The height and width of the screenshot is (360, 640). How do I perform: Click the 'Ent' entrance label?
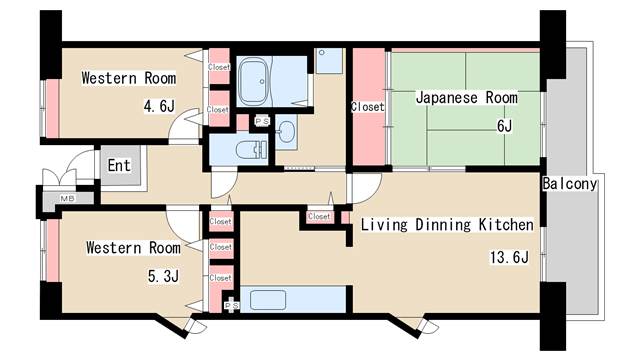(x=119, y=166)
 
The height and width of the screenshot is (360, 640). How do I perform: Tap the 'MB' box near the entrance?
(x=67, y=199)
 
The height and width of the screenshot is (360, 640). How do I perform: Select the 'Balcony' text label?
(x=569, y=184)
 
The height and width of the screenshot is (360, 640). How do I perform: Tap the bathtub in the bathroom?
(x=259, y=79)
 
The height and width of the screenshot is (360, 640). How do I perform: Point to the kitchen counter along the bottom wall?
(x=296, y=299)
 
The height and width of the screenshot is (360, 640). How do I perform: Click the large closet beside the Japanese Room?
(x=367, y=106)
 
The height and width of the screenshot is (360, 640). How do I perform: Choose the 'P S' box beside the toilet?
(x=262, y=121)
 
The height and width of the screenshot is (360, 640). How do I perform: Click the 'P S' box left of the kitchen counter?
(x=231, y=305)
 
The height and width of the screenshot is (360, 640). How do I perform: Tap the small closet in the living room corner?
(x=320, y=216)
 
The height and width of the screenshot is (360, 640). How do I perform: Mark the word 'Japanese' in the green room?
(x=441, y=98)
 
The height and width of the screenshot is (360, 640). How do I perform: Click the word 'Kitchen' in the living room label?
(x=504, y=225)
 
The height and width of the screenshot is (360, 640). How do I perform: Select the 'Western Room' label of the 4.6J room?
(x=128, y=78)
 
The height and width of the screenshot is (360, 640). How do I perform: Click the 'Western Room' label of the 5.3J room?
(x=132, y=247)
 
